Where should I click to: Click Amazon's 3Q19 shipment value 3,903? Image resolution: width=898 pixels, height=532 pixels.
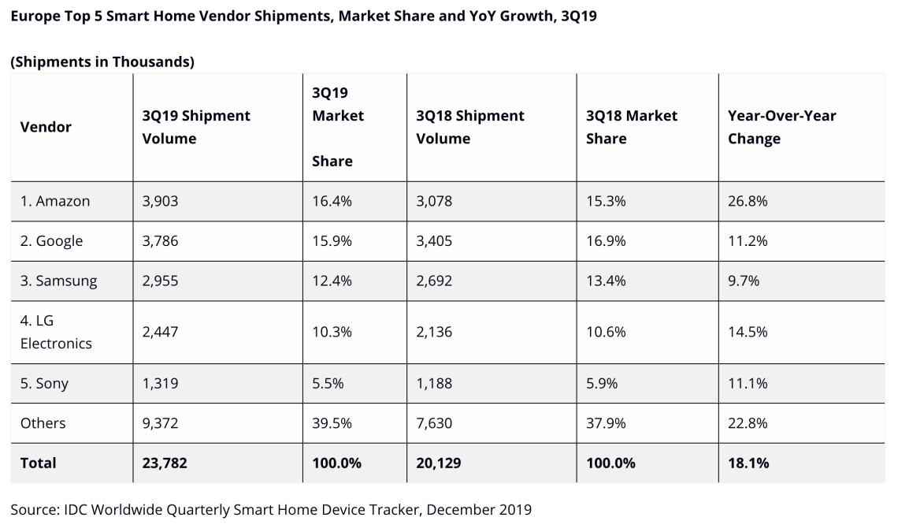click(x=160, y=201)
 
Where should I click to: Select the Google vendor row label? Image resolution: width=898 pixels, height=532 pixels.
click(x=51, y=241)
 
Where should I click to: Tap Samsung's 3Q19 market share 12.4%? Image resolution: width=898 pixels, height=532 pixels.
click(x=332, y=281)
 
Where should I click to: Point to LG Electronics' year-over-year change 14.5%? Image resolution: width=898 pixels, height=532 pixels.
click(x=748, y=332)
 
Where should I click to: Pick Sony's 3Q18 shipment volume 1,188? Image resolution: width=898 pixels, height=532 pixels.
click(x=434, y=383)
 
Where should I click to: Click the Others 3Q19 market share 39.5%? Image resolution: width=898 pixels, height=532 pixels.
click(x=332, y=423)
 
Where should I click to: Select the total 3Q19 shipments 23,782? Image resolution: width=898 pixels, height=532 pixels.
click(x=165, y=463)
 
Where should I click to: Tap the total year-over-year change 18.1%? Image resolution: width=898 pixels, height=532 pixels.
click(x=748, y=463)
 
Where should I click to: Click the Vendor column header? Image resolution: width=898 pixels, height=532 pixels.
click(x=46, y=127)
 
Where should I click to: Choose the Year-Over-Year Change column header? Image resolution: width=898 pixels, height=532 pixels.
click(x=781, y=127)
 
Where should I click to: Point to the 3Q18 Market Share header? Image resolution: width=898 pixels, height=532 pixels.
click(x=632, y=127)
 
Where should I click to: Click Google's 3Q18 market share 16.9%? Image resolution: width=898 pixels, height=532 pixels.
click(x=606, y=241)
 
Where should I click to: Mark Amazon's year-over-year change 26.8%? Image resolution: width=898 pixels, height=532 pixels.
click(x=748, y=201)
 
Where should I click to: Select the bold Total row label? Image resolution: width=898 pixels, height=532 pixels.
click(x=38, y=463)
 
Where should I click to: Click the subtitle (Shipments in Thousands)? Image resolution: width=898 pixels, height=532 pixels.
click(x=102, y=61)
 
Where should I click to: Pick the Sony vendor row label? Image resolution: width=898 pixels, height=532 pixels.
click(x=44, y=384)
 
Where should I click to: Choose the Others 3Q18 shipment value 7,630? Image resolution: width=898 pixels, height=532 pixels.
click(x=434, y=423)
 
